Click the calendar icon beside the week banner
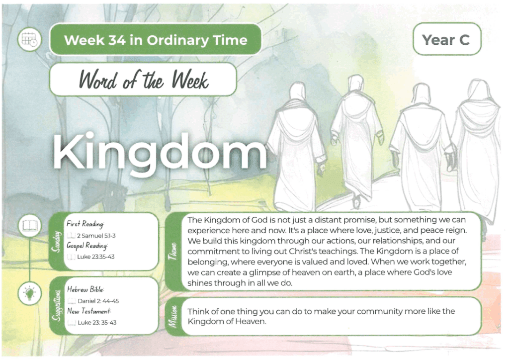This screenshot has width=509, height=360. coord(29,40)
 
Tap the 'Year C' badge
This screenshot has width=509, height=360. coord(447,39)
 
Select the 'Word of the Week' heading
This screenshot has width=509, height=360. coord(144,80)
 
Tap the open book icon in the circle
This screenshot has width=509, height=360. coord(30,226)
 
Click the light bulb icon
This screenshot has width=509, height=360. coord(30,293)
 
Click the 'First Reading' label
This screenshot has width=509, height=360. coord(85,224)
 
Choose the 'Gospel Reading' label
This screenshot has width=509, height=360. coord(87,246)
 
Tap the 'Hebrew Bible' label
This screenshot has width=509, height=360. coord(85,289)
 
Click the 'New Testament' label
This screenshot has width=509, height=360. coord(89,311)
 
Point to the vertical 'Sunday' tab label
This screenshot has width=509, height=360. coord(57,242)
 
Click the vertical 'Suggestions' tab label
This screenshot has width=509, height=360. coord(57,305)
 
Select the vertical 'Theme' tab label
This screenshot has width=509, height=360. coord(172,251)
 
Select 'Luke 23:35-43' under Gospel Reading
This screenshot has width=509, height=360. coord(96,257)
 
